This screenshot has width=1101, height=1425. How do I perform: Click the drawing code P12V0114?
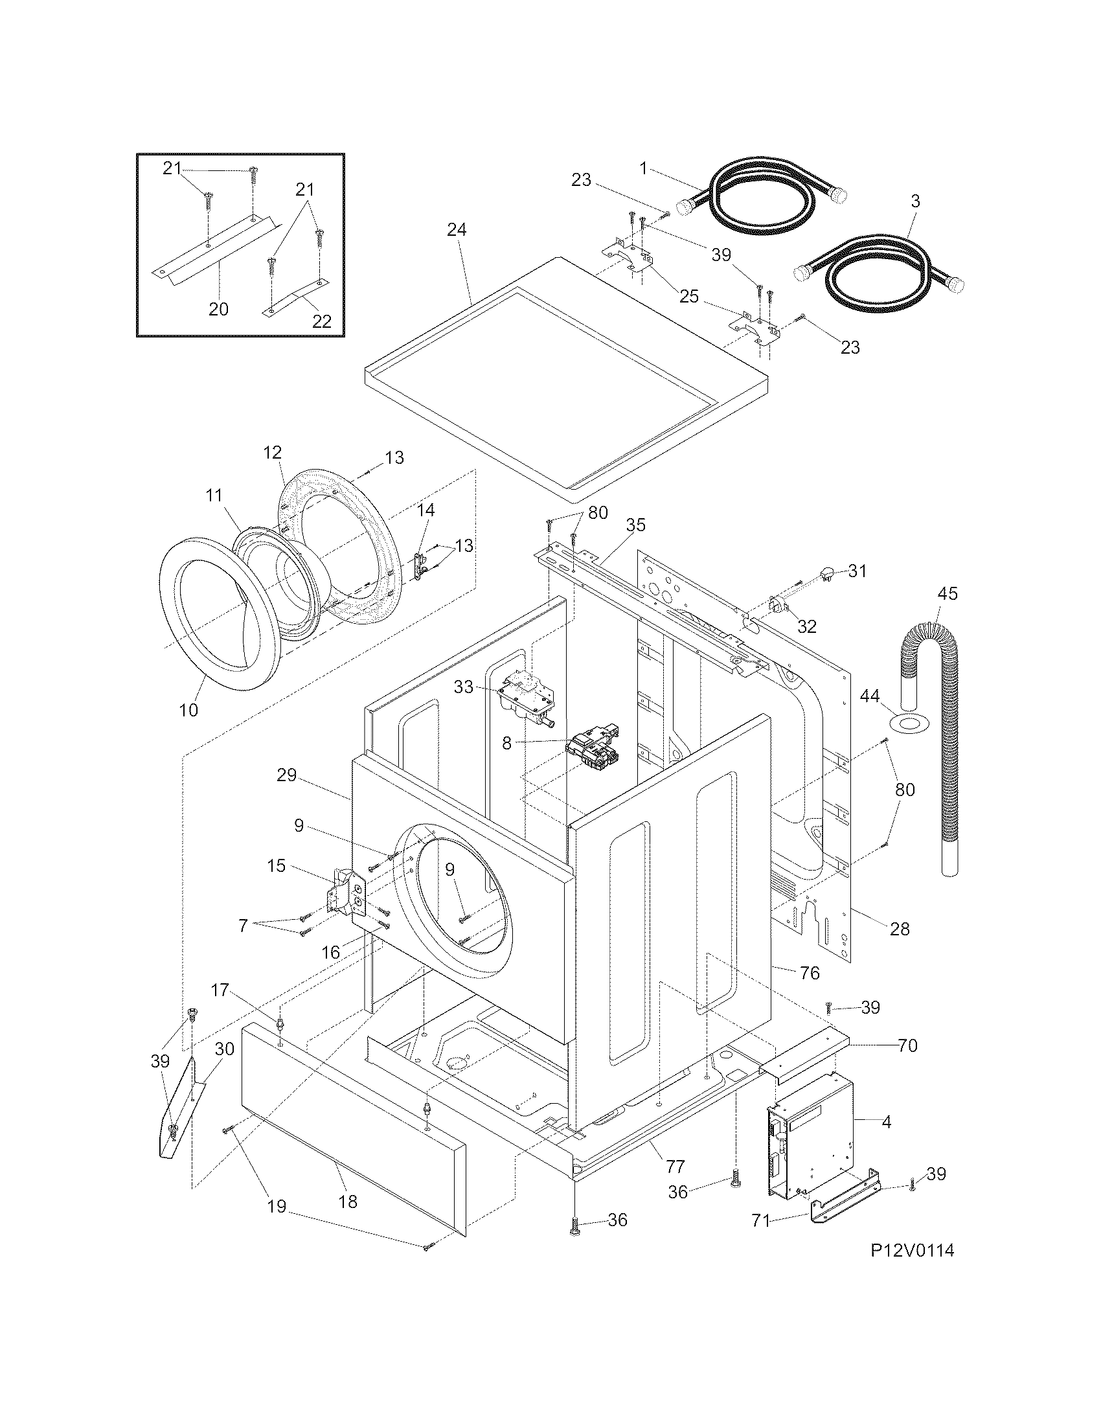912,1268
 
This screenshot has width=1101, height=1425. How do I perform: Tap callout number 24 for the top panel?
457,230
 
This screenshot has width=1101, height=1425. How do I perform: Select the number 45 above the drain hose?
948,594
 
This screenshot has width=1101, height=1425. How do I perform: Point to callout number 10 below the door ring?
188,710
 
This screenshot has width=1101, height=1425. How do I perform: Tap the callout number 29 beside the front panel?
286,775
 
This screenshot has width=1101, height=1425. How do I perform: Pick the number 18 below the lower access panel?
348,1202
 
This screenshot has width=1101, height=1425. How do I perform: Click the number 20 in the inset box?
218,308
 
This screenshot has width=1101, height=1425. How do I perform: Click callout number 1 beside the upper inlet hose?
643,168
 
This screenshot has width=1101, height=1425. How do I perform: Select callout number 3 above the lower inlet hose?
915,201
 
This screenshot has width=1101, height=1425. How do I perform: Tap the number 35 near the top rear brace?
636,525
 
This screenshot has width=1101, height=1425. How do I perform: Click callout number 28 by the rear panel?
900,928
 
